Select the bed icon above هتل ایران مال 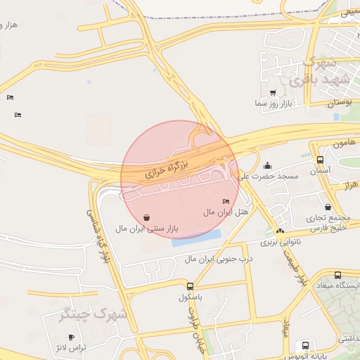(x=225, y=202)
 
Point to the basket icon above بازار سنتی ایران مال (x=146, y=218)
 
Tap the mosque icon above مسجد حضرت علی (x=268, y=166)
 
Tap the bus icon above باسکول (x=190, y=286)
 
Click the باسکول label (x=191, y=297)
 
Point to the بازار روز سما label (x=274, y=104)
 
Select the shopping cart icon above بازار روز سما (x=273, y=93)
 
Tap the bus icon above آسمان (x=321, y=160)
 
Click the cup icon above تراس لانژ (x=70, y=337)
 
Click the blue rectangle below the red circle (x=196, y=238)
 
